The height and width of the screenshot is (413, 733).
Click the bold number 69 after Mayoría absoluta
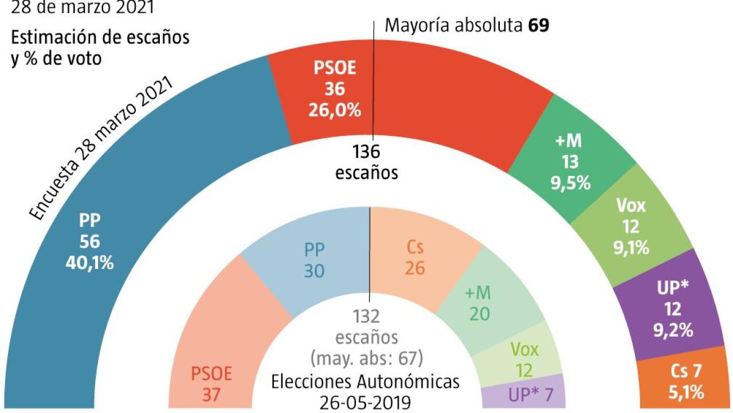coord(538,26)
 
